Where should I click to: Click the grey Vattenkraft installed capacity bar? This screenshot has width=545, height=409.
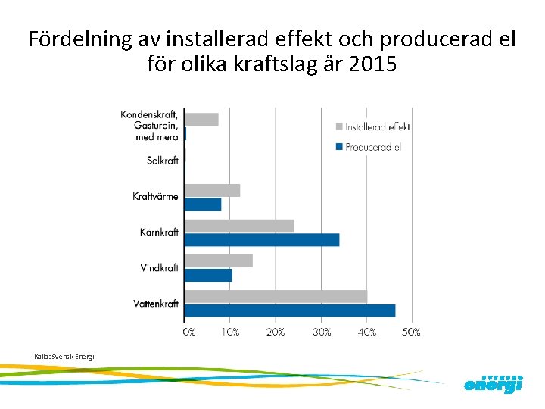(276, 296)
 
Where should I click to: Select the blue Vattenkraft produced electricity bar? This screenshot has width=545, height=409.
(290, 311)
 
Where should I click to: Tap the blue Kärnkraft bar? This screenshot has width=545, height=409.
(262, 240)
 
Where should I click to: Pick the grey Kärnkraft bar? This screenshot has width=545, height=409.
(239, 226)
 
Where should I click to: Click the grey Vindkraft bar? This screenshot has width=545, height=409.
(219, 261)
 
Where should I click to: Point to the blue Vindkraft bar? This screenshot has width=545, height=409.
(208, 275)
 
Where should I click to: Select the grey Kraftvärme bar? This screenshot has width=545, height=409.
(212, 190)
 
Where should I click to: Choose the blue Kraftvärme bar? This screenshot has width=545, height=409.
(203, 204)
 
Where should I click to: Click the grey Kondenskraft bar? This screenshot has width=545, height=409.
(201, 119)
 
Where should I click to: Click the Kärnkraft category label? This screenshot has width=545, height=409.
(159, 232)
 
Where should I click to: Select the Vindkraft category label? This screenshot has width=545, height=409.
(159, 267)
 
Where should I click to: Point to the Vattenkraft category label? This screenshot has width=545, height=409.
(156, 303)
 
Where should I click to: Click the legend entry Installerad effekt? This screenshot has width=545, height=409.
(377, 126)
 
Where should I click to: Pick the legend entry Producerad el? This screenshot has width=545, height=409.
(372, 146)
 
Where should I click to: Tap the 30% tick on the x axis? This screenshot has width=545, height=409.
(322, 332)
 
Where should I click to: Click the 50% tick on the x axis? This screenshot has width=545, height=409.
(411, 332)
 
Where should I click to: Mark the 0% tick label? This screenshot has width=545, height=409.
(188, 332)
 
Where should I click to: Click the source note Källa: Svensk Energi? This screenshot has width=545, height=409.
(64, 356)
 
